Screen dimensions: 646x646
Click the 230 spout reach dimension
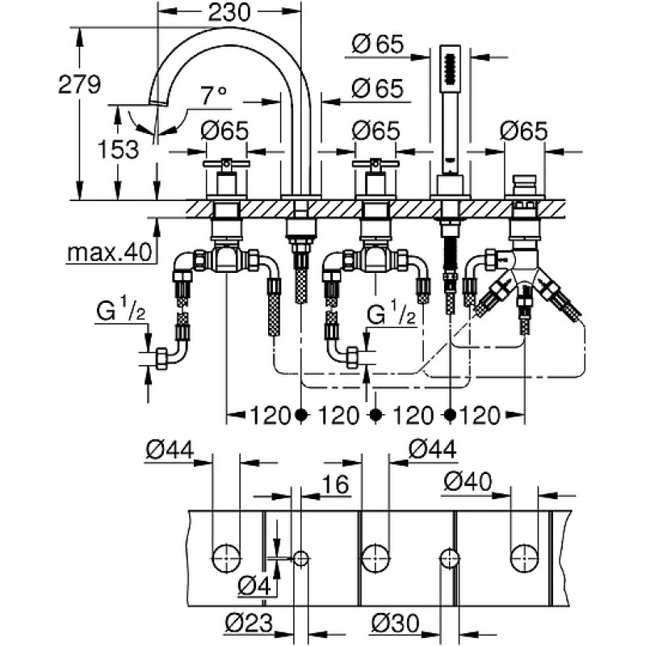229,13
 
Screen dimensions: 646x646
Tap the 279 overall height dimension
79,85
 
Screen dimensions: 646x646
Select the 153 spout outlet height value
118,149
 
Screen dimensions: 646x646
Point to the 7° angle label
214,95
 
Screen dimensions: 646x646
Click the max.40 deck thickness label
110,252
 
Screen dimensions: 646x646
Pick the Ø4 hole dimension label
255,585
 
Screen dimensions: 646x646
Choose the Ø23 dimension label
250,623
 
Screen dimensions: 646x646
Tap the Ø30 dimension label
395,623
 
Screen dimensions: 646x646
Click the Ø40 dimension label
468,481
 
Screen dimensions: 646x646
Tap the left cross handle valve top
226,164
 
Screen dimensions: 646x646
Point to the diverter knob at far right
524,181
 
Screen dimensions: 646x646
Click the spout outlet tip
157,103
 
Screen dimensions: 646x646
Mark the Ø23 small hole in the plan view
301,559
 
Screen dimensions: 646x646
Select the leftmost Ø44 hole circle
226,559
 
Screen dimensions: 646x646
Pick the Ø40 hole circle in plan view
524,559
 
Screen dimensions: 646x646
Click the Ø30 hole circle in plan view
450,559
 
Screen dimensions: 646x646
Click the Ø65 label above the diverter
524,131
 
